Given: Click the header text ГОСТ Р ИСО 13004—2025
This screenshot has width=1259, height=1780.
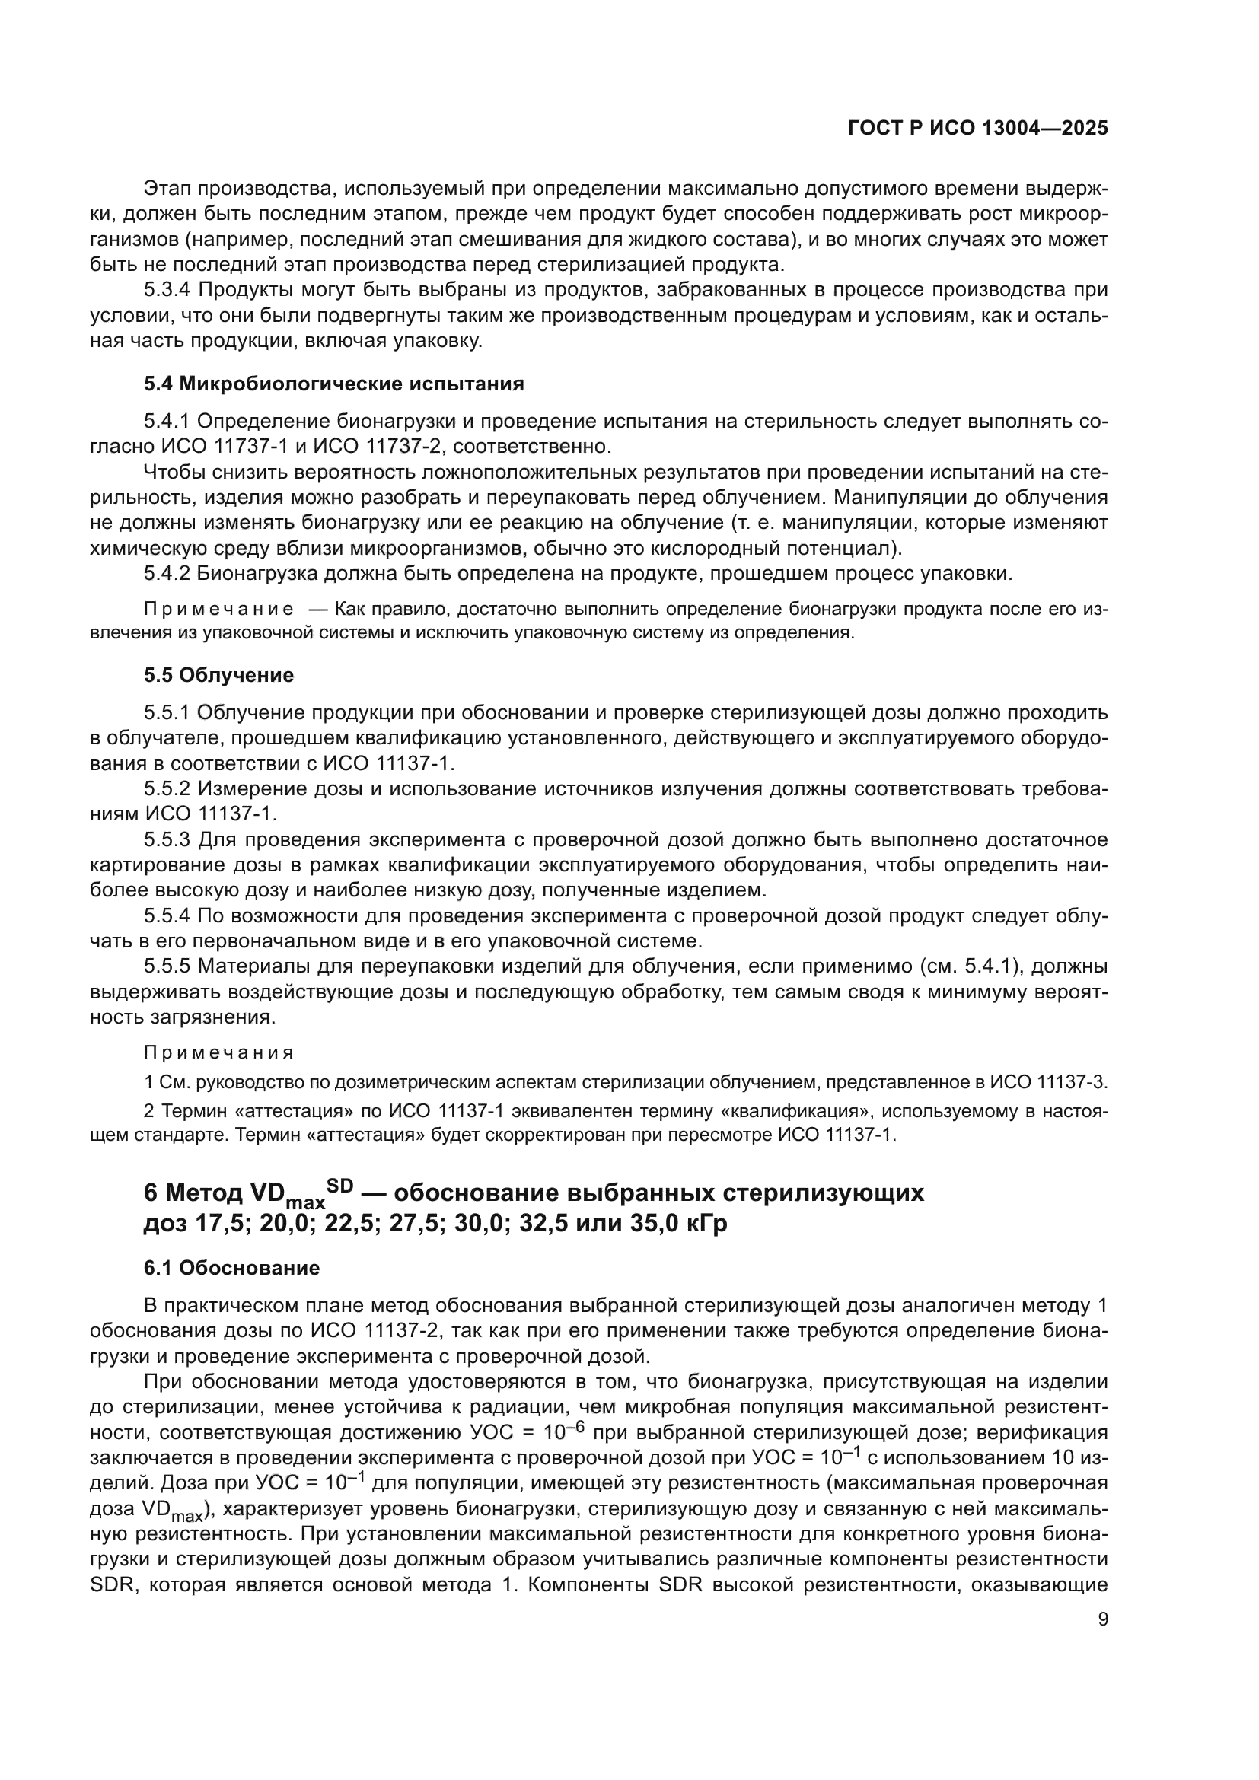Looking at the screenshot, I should click(x=977, y=129).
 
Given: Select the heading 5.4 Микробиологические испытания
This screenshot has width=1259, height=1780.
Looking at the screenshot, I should click(x=333, y=384).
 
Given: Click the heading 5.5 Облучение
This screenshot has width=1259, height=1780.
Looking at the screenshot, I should click(x=218, y=675).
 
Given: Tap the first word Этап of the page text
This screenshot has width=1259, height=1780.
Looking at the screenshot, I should click(x=167, y=189).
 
